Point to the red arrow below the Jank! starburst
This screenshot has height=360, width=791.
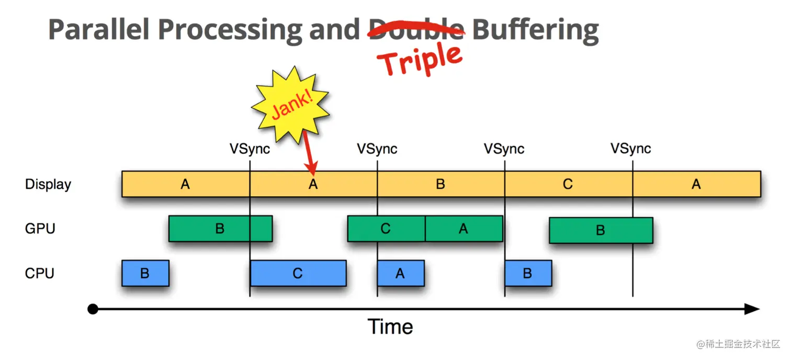coord(308,152)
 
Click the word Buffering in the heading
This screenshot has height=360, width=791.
coord(535,30)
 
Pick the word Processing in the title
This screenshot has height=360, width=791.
coord(230,30)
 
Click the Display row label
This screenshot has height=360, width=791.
coord(48,184)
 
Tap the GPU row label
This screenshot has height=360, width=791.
coord(40,229)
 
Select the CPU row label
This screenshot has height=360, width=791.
coord(40,273)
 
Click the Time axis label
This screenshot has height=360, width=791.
coord(390,327)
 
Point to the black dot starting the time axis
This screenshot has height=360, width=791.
coord(93,309)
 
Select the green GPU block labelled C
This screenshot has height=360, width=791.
coord(386,229)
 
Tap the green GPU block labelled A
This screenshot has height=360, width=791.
coord(464,229)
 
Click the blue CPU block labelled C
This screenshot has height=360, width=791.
coord(298,273)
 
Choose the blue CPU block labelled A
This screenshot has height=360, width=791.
coord(400,273)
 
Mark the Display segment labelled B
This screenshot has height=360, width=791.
coord(440,184)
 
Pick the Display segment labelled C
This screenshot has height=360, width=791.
coord(568,184)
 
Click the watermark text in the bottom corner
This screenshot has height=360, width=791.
coord(738,344)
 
